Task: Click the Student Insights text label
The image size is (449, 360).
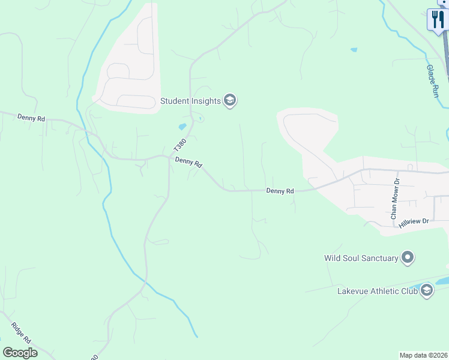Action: tap(190, 101)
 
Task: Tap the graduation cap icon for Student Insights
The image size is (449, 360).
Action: tap(230, 100)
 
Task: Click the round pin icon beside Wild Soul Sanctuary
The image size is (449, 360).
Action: tap(408, 258)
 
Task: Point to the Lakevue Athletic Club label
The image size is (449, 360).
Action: tap(377, 291)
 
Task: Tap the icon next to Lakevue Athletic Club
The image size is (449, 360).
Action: tap(427, 291)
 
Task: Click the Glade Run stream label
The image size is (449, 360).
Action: tap(432, 81)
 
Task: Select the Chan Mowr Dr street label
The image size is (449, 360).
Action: tap(394, 198)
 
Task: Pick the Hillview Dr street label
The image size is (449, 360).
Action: tap(414, 222)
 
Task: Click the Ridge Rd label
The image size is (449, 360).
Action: tap(20, 333)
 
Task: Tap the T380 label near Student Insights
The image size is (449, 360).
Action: tap(179, 145)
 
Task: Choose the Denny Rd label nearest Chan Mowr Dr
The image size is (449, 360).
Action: tap(280, 191)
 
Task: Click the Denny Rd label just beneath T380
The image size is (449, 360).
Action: tap(189, 163)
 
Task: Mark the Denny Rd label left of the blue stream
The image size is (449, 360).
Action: tap(31, 118)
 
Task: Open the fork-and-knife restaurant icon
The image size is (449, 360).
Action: tap(438, 19)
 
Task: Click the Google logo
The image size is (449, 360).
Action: tap(20, 353)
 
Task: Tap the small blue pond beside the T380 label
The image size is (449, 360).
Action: tap(182, 127)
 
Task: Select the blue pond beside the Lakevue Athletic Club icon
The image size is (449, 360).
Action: tap(441, 280)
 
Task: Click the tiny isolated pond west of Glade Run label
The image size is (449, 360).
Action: tap(354, 49)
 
